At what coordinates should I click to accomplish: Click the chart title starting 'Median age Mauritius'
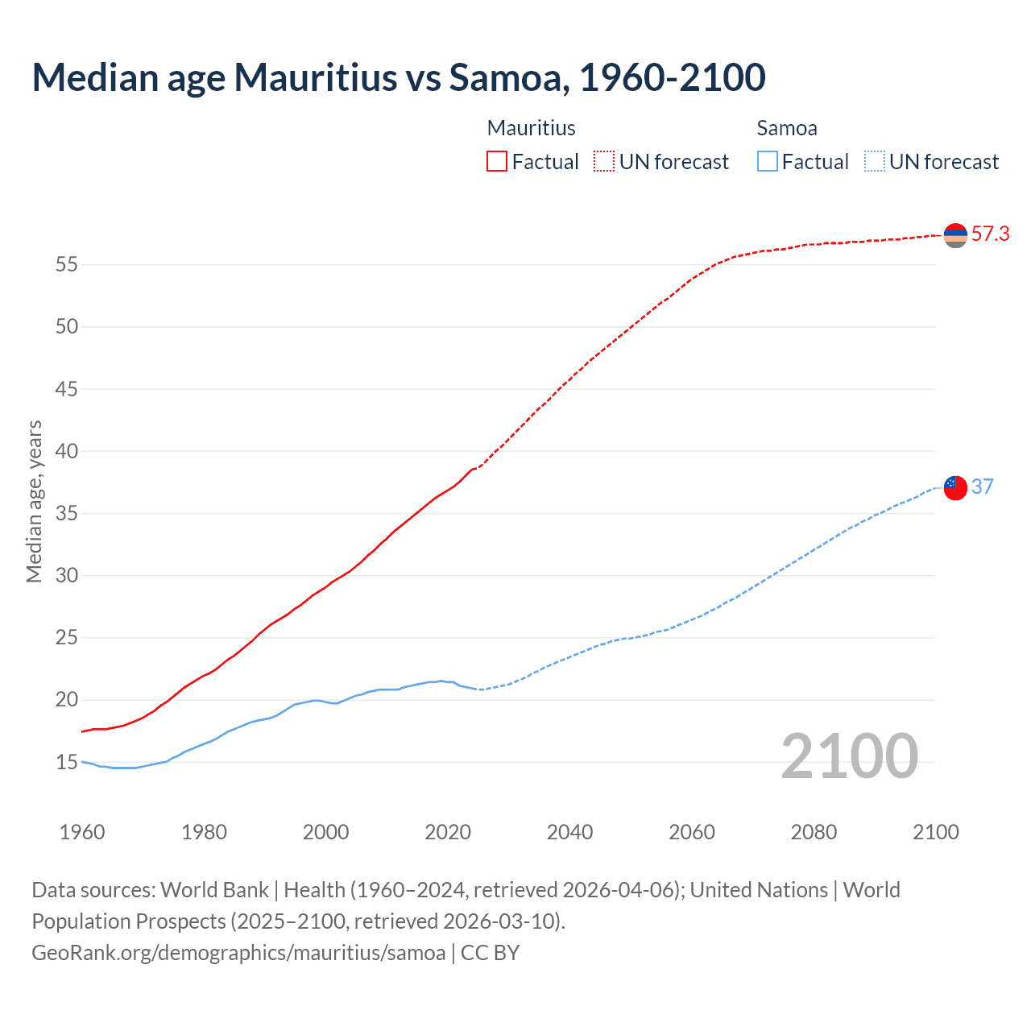(399, 77)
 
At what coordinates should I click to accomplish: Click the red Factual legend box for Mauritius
(497, 161)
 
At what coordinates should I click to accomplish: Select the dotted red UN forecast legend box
(604, 161)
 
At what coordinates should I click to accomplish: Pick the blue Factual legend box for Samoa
(768, 161)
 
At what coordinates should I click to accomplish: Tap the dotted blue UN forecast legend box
(875, 161)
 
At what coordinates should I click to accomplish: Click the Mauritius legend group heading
(532, 128)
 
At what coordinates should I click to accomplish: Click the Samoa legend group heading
(787, 128)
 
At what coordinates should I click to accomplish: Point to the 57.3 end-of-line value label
(990, 234)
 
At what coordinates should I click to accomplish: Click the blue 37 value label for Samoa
(982, 487)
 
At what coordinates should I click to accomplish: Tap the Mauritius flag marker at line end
(955, 235)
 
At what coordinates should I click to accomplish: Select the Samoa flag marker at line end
(955, 487)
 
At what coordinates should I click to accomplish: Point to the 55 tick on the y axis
(67, 264)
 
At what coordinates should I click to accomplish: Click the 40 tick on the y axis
(67, 451)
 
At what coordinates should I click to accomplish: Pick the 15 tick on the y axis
(67, 762)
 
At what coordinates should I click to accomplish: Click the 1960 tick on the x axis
(82, 832)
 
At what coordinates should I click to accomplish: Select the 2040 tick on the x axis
(569, 832)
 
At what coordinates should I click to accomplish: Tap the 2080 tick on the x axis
(814, 832)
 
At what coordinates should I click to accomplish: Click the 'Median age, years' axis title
(34, 501)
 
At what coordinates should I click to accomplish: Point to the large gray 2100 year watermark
(849, 756)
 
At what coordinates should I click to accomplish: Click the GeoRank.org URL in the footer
(238, 952)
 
